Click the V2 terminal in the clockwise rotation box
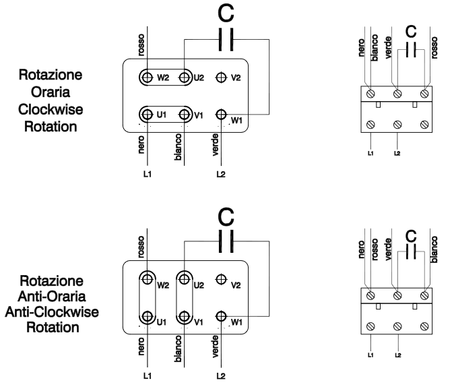[x=220, y=77]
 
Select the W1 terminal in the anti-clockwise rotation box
[x=220, y=317]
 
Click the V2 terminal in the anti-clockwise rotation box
[x=220, y=279]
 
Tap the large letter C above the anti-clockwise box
[x=227, y=216]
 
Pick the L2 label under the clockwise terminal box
[x=220, y=175]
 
